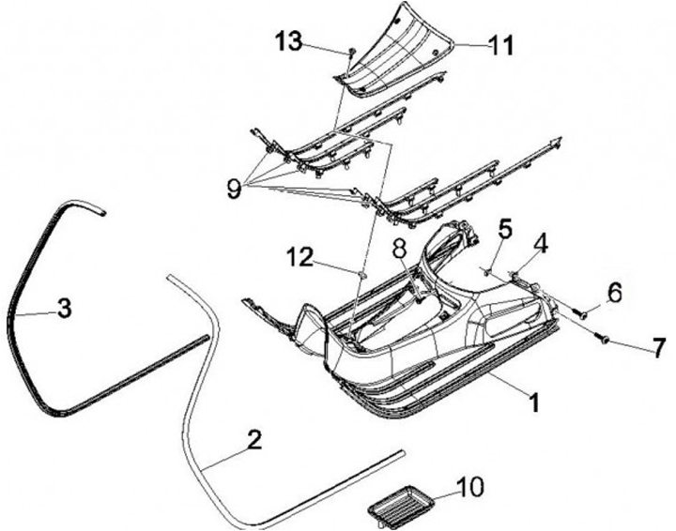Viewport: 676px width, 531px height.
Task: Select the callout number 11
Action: coord(503,44)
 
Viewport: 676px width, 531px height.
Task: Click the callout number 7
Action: coord(658,348)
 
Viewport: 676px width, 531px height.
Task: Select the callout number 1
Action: coord(533,404)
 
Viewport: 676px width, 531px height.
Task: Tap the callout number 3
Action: coord(64,309)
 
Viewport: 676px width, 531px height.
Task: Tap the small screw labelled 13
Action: coord(350,53)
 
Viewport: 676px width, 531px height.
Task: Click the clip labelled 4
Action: coord(517,274)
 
